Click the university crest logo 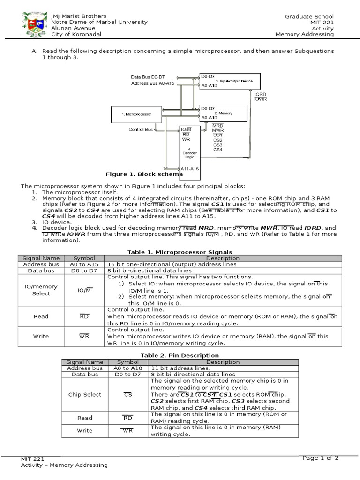click(x=35, y=25)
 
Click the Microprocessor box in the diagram click(x=136, y=114)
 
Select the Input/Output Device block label click(x=234, y=81)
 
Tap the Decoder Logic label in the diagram click(x=189, y=154)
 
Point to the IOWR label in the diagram click(x=260, y=99)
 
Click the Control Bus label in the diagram click(x=141, y=129)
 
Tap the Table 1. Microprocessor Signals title click(x=180, y=252)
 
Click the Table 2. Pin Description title click(x=180, y=355)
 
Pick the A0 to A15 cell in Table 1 click(x=84, y=264)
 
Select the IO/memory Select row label click(x=41, y=290)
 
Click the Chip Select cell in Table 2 click(x=85, y=395)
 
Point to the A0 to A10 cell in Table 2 click(x=127, y=368)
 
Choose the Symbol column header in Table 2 click(x=127, y=362)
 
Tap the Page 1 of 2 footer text click(x=320, y=458)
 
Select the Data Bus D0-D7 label click(x=148, y=77)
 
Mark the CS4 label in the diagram click(x=217, y=150)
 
